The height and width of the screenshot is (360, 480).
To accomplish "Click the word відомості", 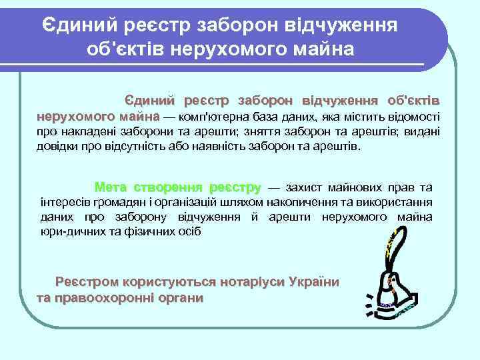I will pos(415,117).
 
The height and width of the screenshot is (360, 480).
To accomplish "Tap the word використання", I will pos(401,201).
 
